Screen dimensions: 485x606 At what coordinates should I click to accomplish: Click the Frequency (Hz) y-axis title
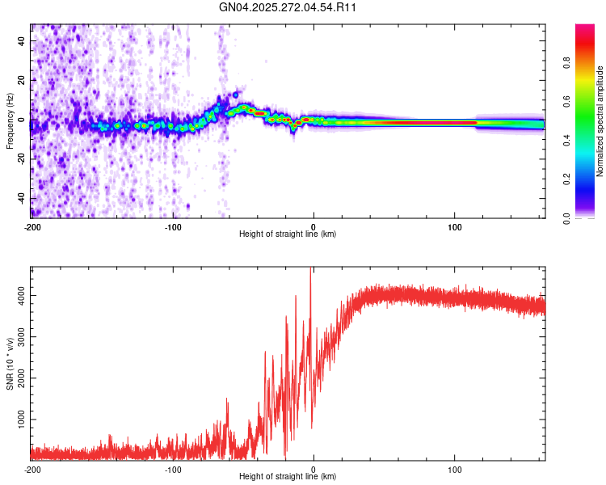point(10,121)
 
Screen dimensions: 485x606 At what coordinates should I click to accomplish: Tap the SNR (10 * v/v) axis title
point(10,365)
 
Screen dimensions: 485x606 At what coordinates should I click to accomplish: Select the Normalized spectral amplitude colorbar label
point(600,121)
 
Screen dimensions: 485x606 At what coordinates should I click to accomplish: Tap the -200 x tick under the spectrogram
point(32,226)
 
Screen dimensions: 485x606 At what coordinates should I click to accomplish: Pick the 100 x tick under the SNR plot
point(454,469)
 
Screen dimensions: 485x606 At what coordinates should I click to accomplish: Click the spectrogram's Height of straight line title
point(288,234)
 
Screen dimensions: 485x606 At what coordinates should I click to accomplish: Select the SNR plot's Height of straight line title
point(288,477)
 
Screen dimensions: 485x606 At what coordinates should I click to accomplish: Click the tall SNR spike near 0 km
point(311,275)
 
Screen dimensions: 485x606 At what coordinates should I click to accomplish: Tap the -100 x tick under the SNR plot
point(173,469)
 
